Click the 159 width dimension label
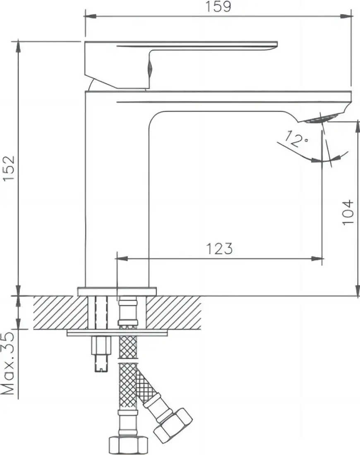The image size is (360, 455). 218,6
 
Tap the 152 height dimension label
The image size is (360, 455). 9,168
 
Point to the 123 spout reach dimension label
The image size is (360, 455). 219,249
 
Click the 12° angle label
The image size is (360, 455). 296,139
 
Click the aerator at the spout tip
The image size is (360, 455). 321,119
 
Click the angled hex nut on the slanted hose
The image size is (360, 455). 173,423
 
